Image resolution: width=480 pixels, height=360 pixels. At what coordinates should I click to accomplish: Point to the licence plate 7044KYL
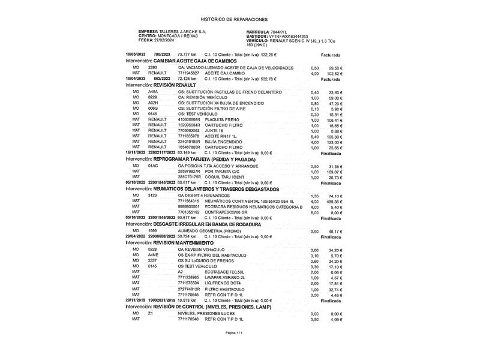[280, 31]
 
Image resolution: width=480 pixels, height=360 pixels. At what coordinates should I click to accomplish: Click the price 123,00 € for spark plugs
[334, 142]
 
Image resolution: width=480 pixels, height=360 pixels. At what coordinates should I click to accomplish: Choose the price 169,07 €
[334, 172]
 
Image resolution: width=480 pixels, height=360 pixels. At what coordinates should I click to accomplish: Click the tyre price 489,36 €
[334, 201]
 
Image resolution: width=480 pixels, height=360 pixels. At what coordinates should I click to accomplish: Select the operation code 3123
[152, 195]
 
